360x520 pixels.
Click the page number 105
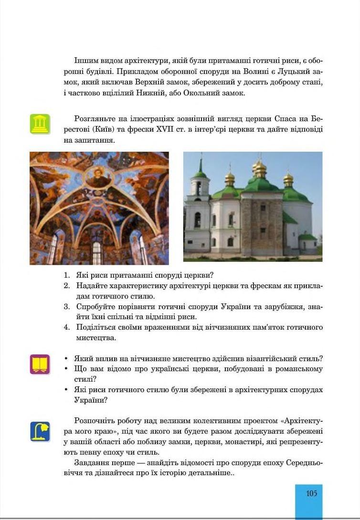coord(311,493)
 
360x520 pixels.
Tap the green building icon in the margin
coord(40,124)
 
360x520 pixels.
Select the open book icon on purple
coord(40,364)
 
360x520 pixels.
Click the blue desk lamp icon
coord(40,431)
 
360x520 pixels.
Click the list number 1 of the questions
coord(67,275)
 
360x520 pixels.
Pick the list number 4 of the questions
coord(67,327)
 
